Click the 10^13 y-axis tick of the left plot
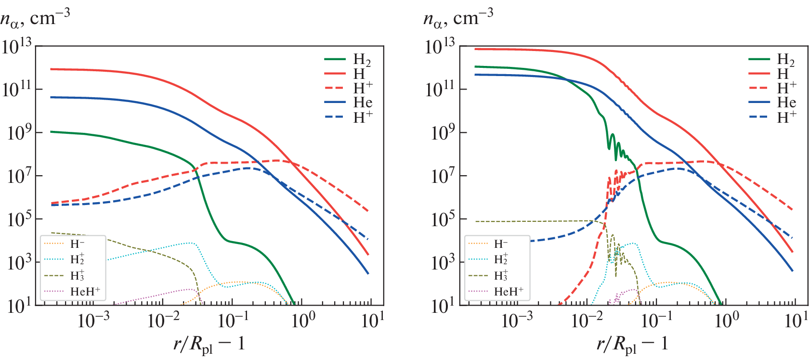pyautogui.click(x=16, y=47)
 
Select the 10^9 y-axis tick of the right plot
pyautogui.click(x=440, y=133)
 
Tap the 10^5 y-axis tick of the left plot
pyautogui.click(x=16, y=219)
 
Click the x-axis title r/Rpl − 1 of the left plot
pyautogui.click(x=209, y=345)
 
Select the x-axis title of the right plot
pyautogui.click(x=632, y=345)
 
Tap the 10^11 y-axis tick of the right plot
pyautogui.click(x=440, y=90)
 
